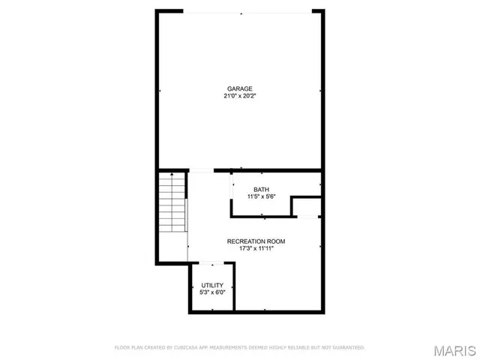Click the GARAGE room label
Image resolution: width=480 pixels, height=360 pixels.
coord(240,88)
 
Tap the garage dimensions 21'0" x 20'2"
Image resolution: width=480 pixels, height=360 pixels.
coord(240,96)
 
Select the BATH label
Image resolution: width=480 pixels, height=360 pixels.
coord(261,189)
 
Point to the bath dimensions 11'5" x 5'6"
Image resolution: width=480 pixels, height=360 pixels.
coord(261,196)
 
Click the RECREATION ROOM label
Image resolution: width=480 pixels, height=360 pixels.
coord(256,241)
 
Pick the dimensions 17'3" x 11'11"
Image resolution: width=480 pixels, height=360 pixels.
coord(256,248)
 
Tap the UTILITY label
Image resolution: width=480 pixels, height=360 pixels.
coord(212,285)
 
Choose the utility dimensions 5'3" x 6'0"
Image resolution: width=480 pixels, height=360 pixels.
coord(212,292)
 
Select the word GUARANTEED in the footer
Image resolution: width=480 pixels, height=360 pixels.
coord(347,347)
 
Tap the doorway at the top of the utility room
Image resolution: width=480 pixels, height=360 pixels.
coord(212,262)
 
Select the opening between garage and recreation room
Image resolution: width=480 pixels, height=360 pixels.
coord(201,170)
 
